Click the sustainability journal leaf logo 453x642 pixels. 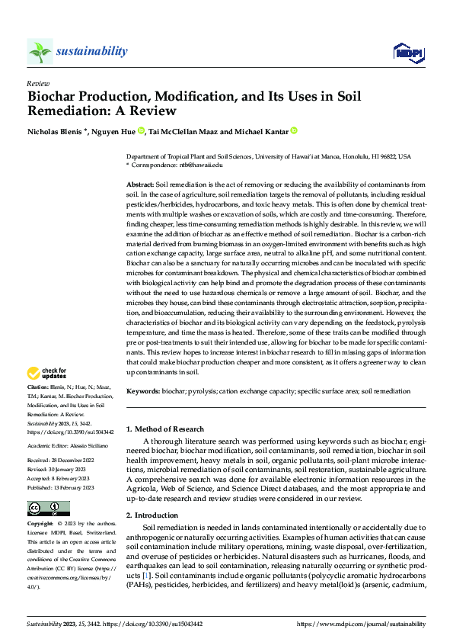[x=40, y=51]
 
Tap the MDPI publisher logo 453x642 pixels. [x=407, y=51]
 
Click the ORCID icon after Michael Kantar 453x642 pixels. [x=295, y=130]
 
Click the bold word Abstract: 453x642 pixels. [x=139, y=185]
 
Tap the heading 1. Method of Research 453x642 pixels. [x=165, y=429]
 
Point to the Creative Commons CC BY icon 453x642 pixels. [x=48, y=509]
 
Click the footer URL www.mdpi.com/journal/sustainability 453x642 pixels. [x=361, y=624]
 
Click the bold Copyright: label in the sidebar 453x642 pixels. [x=41, y=525]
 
